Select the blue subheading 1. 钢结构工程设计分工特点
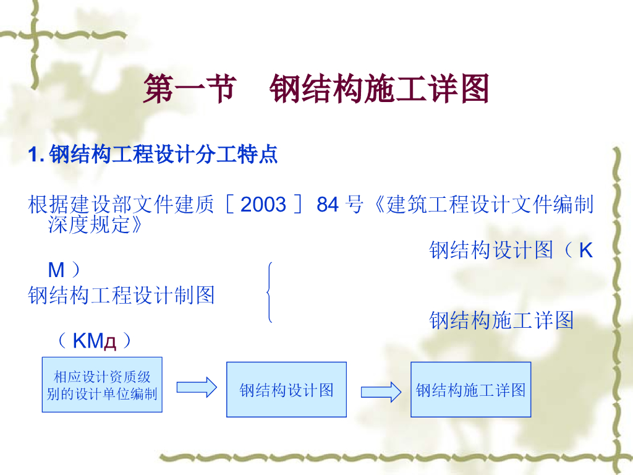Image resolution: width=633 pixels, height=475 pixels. [153, 154]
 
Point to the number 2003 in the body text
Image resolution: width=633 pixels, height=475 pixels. [263, 204]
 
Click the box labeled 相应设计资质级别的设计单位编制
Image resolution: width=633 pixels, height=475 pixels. [102, 385]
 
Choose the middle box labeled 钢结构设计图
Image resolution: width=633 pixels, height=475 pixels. [286, 390]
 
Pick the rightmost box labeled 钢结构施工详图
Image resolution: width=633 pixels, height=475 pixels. [470, 390]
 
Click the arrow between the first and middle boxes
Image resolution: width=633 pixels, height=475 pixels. [197, 388]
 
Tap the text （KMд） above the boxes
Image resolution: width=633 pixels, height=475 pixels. [94, 341]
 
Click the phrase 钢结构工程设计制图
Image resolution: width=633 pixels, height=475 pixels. [121, 295]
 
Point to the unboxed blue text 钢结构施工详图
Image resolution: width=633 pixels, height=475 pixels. [501, 320]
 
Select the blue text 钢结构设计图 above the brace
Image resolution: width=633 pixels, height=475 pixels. [491, 250]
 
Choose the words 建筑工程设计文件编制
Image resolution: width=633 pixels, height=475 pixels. [490, 204]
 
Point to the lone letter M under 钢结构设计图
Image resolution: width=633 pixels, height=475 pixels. [56, 270]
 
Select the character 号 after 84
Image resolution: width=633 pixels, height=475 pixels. [355, 204]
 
